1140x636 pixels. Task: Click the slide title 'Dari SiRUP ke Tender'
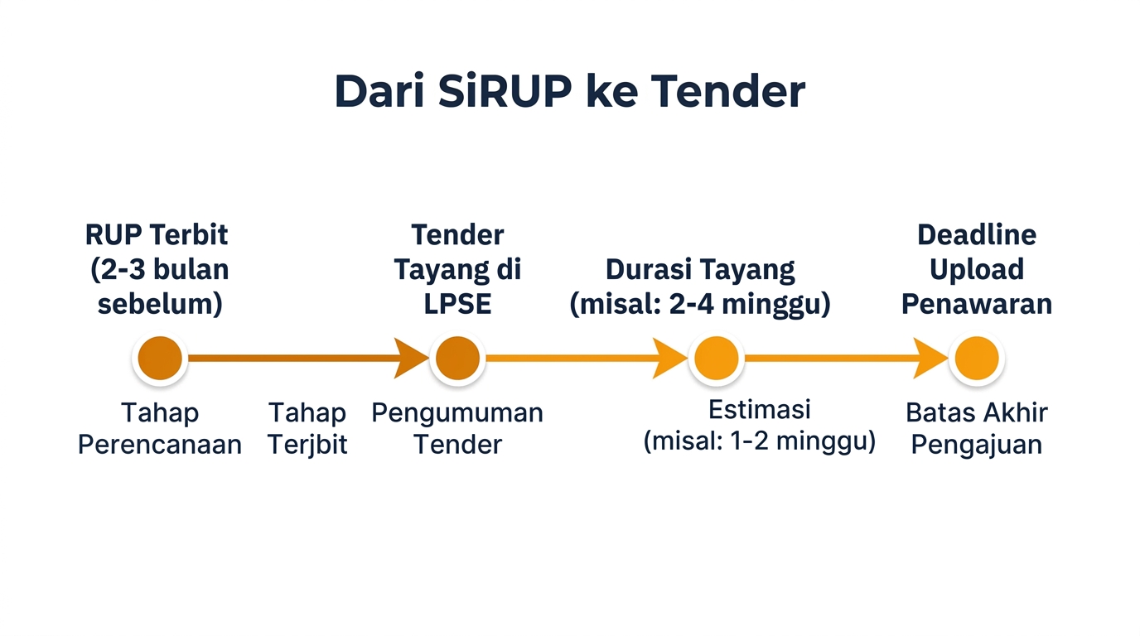point(569,92)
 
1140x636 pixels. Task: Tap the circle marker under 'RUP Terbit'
point(160,359)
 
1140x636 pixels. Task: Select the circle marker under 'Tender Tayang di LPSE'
point(457,359)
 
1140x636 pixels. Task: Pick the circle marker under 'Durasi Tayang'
point(716,359)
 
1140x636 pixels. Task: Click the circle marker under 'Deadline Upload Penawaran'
point(976,359)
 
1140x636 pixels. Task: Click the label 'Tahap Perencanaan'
point(160,428)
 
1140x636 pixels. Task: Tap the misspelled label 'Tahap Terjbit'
point(307,428)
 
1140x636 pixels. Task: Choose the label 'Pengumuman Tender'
point(457,428)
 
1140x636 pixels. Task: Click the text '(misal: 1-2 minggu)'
point(759,441)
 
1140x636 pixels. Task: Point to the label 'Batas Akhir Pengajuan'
point(976,428)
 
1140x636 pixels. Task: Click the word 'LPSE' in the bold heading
point(457,304)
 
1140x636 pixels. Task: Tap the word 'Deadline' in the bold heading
point(976,235)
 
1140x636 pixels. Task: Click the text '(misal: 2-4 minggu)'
point(700,304)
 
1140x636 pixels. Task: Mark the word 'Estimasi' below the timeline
point(759,409)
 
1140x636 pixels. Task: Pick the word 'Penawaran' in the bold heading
point(976,304)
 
